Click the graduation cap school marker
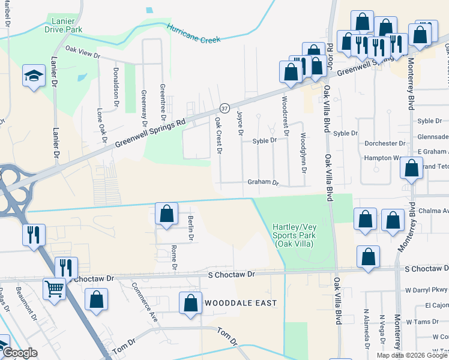[34, 75]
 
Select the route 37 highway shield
[224, 108]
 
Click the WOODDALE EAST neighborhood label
[241, 303]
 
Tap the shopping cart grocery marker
[55, 289]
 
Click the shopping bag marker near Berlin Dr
[167, 214]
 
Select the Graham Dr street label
[264, 182]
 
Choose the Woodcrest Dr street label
[285, 116]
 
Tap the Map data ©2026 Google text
[412, 355]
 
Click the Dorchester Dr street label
[385, 144]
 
